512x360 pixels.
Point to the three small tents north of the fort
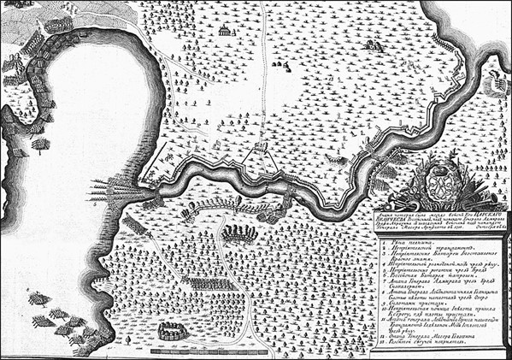(x=280, y=64)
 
